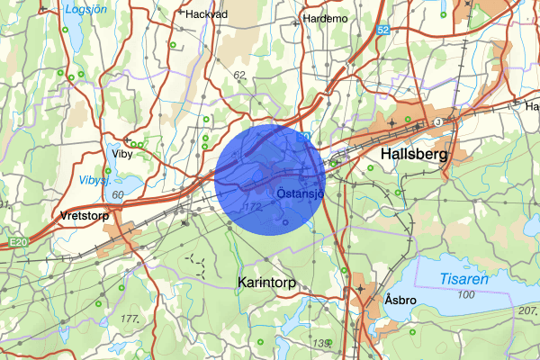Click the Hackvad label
tap(205, 14)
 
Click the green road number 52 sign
tap(383, 31)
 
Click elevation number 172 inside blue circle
tap(254, 208)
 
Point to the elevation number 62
tap(238, 75)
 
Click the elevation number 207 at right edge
tap(526, 310)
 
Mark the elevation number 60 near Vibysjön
tap(118, 194)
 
